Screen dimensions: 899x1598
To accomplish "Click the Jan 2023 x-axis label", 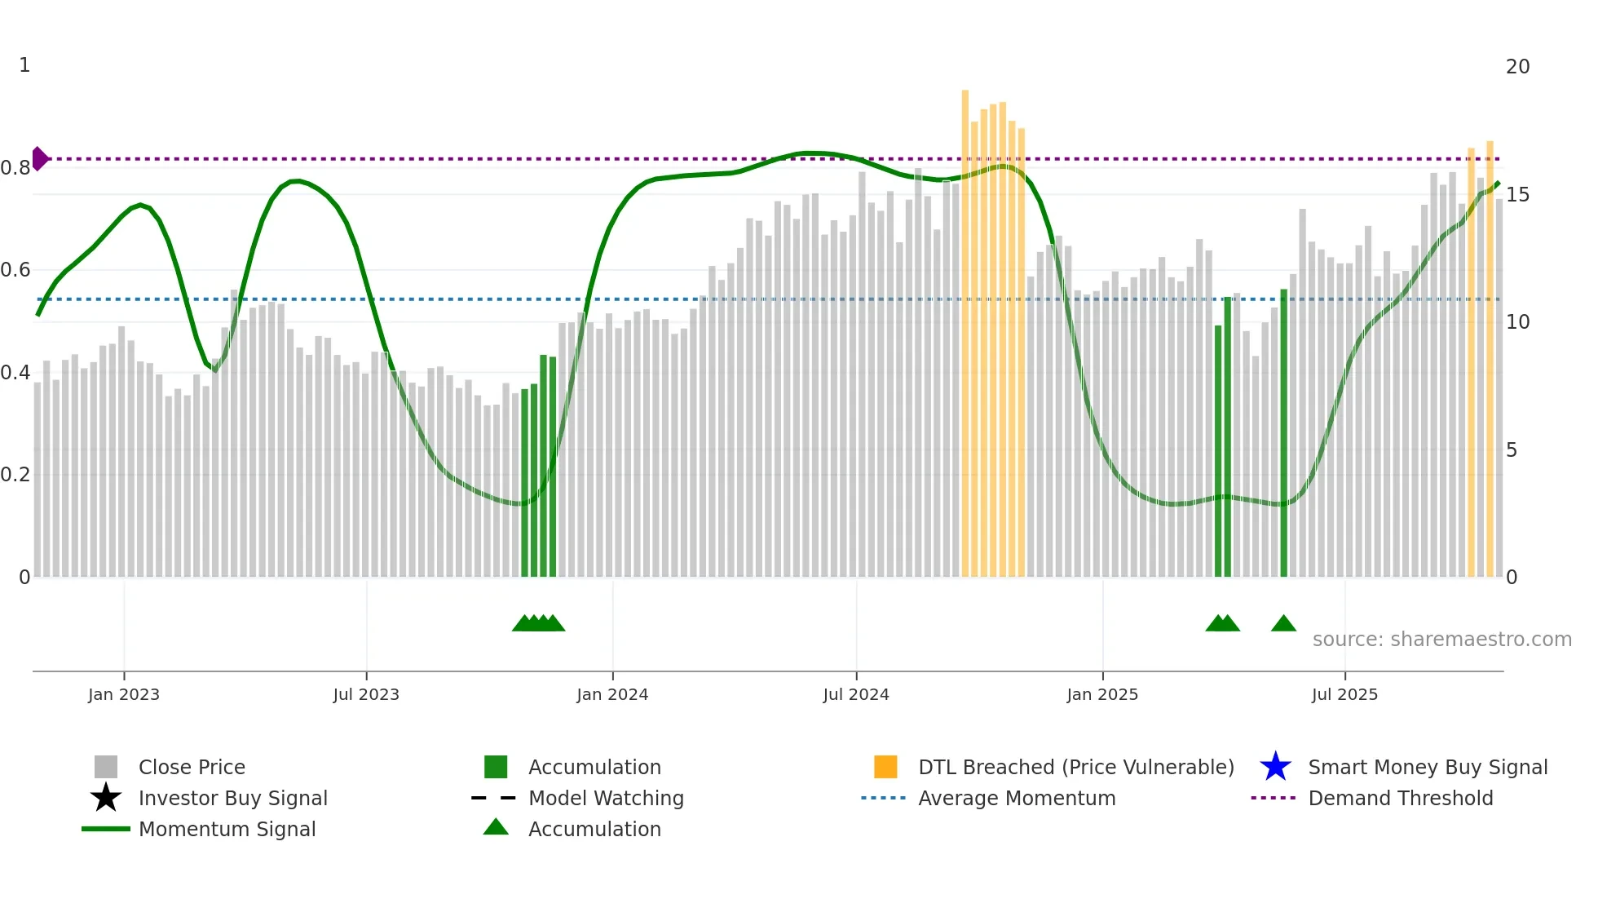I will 124,694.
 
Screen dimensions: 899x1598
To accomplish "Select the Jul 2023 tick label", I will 366,694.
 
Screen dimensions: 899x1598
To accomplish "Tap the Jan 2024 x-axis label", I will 612,694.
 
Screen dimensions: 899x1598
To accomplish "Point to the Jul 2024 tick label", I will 856,694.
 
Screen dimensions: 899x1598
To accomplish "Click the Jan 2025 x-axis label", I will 1102,694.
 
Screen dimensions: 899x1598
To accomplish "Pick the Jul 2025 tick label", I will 1344,694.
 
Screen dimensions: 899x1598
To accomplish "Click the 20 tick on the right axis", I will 1517,67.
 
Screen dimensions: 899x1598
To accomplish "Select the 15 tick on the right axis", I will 1517,195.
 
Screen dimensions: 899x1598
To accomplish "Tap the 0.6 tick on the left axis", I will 15,270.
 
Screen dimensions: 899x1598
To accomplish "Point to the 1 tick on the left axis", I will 24,65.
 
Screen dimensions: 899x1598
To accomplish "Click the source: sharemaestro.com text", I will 1441,640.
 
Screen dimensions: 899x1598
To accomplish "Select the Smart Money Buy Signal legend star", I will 1275,767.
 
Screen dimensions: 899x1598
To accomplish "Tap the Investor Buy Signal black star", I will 106,798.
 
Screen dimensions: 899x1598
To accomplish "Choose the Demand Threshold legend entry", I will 1400,798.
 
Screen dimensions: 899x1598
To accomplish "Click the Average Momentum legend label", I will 1017,798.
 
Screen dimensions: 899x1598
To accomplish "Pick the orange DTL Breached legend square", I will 885,767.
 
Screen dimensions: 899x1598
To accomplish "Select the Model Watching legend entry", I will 606,798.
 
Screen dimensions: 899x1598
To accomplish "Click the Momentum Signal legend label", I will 227,829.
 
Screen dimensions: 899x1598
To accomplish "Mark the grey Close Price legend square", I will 106,767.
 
